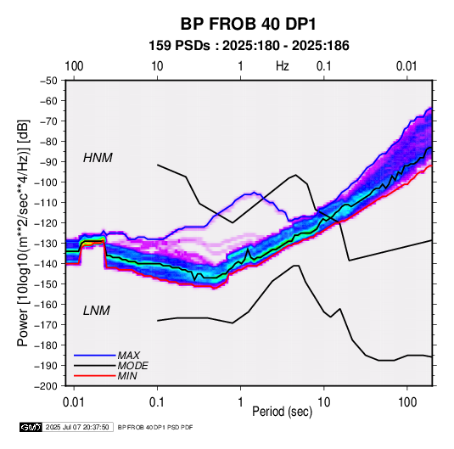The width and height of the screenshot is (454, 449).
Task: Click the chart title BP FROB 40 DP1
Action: click(x=248, y=24)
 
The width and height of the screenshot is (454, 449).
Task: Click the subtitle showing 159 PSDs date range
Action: click(x=249, y=46)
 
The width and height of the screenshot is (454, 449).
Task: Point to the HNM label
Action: click(x=98, y=158)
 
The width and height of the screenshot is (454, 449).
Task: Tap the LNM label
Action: click(x=97, y=311)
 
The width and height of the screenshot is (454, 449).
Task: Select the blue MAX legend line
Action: click(x=95, y=356)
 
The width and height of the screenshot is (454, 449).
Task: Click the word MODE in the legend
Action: click(x=133, y=366)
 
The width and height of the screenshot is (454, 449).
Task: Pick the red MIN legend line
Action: click(x=95, y=376)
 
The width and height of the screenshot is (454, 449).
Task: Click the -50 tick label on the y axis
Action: click(x=48, y=81)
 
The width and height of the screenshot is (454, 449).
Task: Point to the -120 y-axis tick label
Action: click(x=46, y=223)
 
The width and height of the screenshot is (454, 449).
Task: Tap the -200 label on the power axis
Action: click(x=46, y=386)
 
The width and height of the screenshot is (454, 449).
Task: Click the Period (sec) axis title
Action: click(x=283, y=412)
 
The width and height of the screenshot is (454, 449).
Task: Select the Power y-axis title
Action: click(x=23, y=233)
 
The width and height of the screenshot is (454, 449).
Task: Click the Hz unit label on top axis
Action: click(x=283, y=66)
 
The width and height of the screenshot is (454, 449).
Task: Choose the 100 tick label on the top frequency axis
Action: click(x=74, y=66)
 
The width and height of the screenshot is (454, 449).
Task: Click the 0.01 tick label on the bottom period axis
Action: click(x=74, y=402)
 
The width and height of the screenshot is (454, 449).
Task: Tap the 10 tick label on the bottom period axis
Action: click(x=323, y=402)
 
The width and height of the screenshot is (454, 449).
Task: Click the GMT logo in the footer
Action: click(x=31, y=427)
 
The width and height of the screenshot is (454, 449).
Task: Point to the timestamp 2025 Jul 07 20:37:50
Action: click(x=77, y=427)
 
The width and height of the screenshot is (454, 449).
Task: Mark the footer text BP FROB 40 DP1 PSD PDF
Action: click(x=155, y=427)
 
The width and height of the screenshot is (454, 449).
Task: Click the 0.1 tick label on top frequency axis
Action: click(x=323, y=66)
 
